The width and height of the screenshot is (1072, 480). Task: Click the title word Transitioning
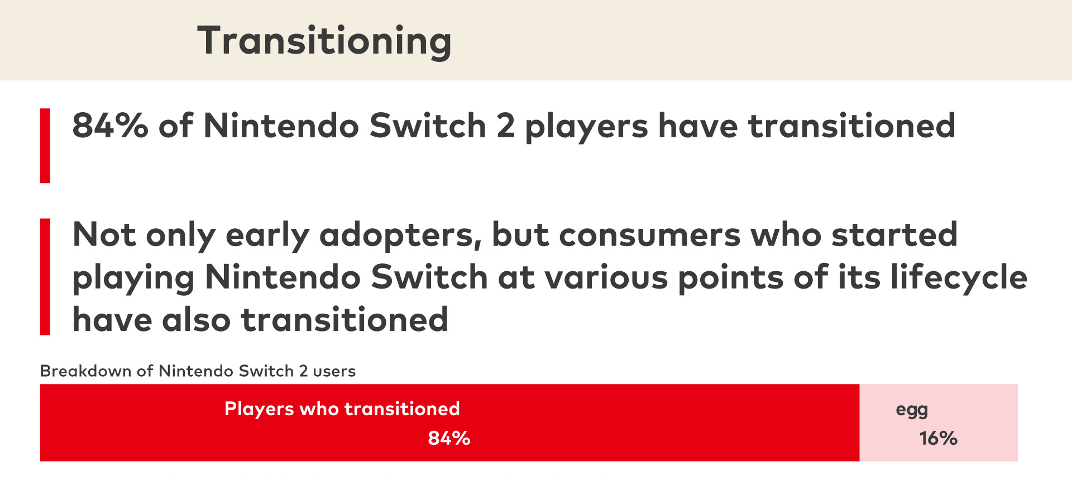click(324, 41)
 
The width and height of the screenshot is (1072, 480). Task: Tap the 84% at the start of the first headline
click(111, 125)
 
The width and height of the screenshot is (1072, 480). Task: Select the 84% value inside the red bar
click(449, 438)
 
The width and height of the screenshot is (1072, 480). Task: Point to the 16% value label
click(938, 438)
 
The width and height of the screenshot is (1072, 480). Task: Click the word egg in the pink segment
click(912, 410)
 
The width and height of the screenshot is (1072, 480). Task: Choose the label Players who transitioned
click(342, 409)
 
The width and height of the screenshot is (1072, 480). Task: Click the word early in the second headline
click(267, 236)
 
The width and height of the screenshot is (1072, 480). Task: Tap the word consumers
click(649, 236)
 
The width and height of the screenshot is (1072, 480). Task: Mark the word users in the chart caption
click(334, 372)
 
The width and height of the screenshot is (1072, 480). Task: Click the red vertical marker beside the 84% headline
click(45, 146)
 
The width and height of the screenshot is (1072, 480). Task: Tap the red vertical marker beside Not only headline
click(45, 277)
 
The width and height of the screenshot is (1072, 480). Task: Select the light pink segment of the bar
click(939, 423)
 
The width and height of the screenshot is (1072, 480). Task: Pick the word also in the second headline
click(196, 320)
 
